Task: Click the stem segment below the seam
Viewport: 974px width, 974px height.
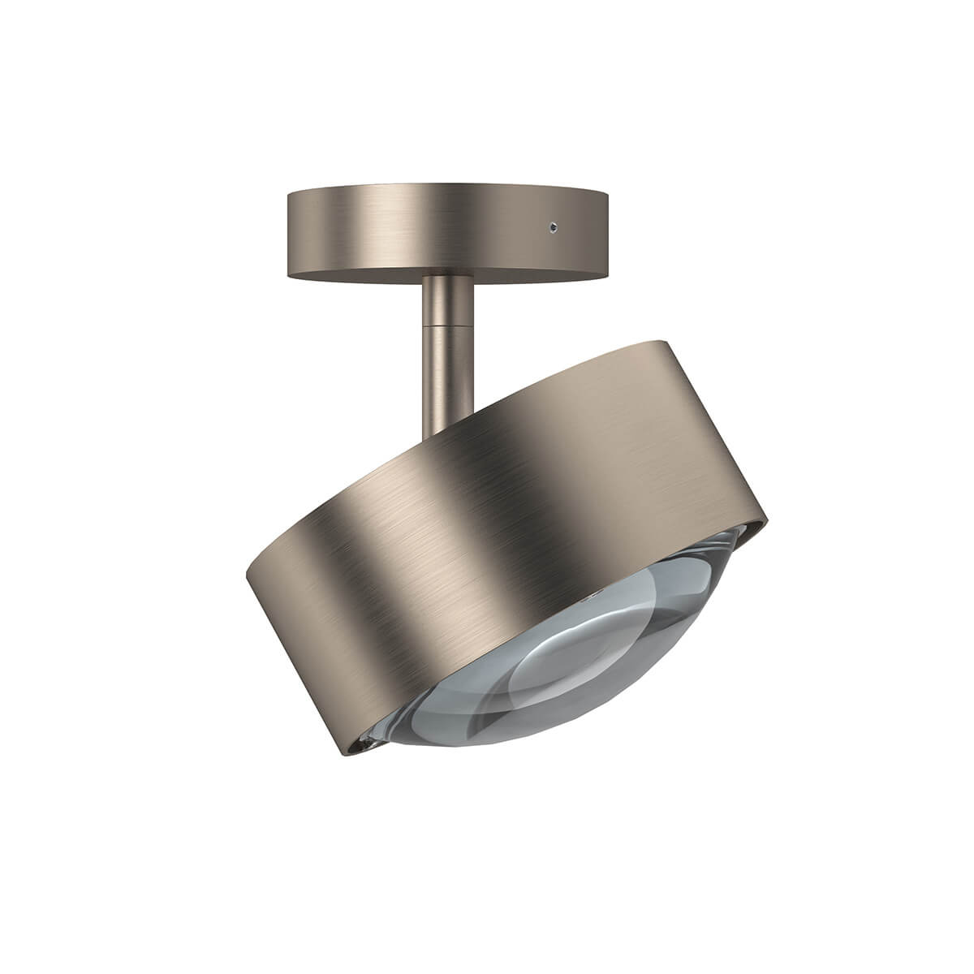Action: (x=442, y=365)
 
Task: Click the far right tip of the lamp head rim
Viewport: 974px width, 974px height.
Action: (x=763, y=519)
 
